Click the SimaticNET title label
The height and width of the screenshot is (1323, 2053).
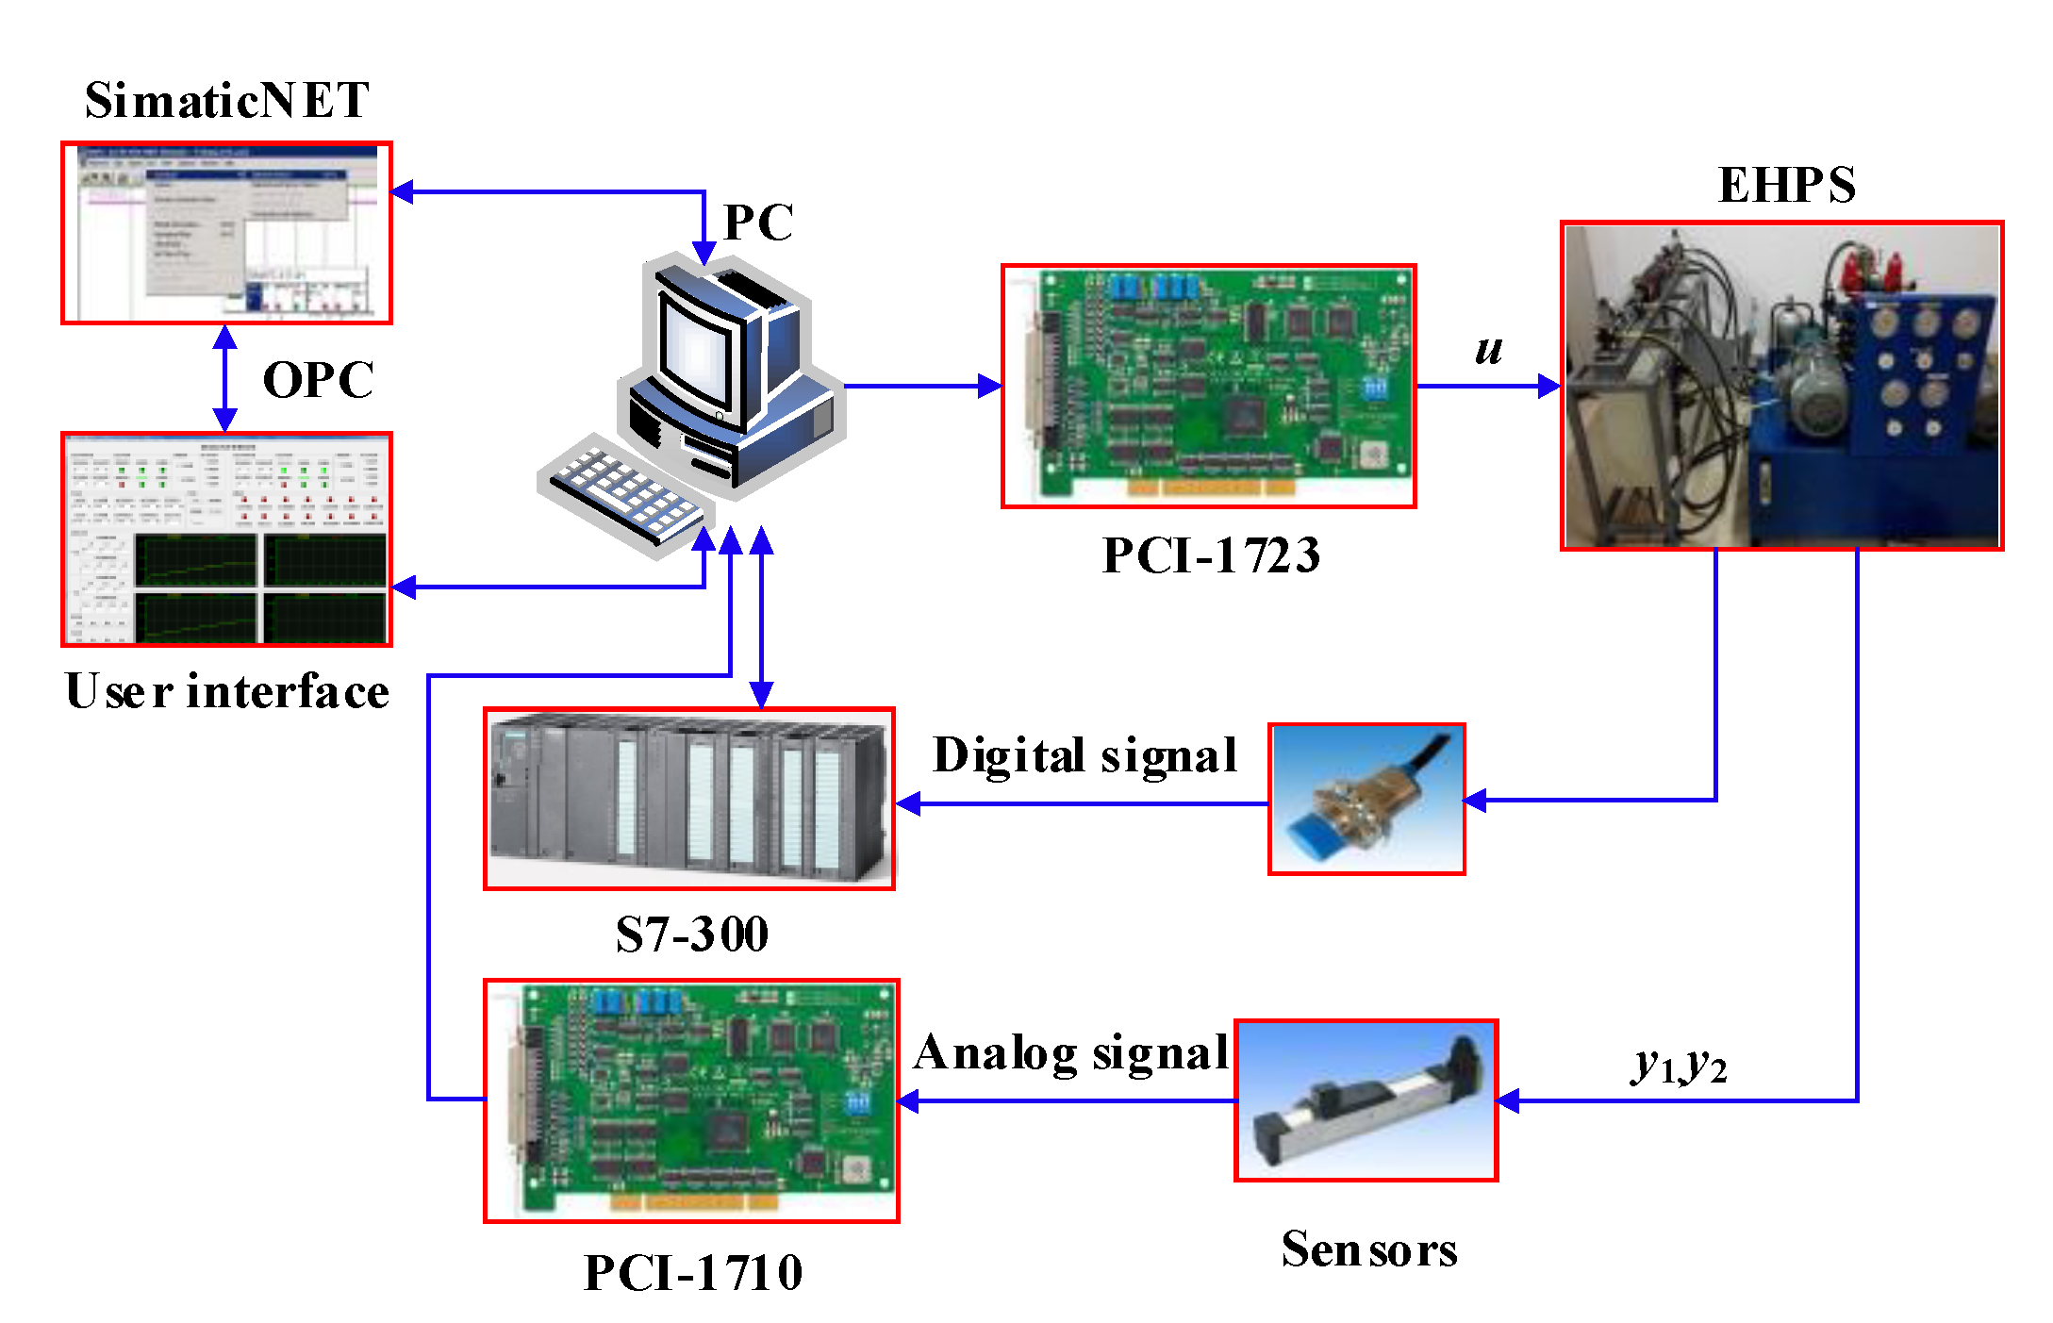point(226,100)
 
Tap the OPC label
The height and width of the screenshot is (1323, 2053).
point(318,380)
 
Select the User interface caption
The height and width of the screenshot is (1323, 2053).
point(226,691)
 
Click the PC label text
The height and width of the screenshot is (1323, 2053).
point(757,223)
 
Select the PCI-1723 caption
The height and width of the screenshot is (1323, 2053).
point(1210,554)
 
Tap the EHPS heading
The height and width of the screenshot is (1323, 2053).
point(1786,185)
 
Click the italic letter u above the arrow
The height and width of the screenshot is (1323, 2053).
point(1488,350)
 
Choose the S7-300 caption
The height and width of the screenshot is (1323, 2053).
point(691,934)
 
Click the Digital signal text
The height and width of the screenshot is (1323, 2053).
point(1084,755)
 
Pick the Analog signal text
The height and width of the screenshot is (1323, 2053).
point(1071,1052)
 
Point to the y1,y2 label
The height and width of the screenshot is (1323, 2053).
point(1679,1066)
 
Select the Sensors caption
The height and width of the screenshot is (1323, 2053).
point(1368,1249)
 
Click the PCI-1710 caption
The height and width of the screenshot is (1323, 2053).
point(692,1273)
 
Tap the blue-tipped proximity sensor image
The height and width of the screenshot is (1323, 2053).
point(1366,800)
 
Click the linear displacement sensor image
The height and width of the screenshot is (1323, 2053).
point(1366,1100)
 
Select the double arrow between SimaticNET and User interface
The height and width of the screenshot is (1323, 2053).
point(224,378)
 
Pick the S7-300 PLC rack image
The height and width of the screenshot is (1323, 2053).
point(689,799)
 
